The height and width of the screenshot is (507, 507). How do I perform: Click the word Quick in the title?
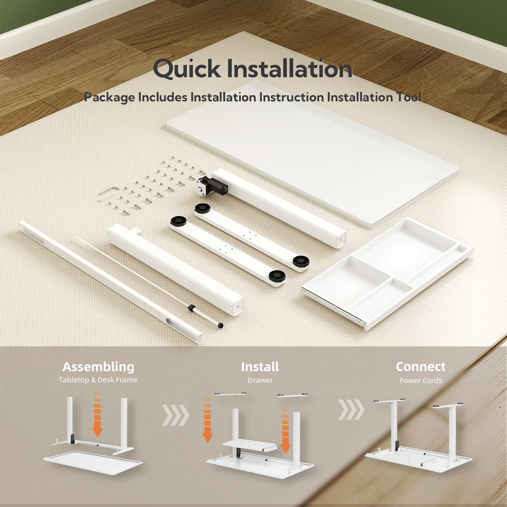point(187,69)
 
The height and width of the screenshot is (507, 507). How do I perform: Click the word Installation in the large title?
point(290,69)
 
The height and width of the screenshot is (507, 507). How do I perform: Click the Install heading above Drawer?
point(260,367)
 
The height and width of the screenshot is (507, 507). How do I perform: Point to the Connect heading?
point(420,367)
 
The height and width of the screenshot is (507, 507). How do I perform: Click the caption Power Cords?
point(420,381)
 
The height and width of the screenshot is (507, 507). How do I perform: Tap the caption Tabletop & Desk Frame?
point(98,380)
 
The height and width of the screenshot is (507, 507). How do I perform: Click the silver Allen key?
point(107,193)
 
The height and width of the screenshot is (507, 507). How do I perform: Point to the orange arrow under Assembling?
point(98,414)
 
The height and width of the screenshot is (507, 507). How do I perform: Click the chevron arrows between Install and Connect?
point(351,410)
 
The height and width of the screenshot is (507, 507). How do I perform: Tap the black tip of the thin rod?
point(220,325)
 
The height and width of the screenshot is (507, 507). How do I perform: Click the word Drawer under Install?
point(260,381)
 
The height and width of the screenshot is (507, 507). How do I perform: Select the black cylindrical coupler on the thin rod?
point(192,308)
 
